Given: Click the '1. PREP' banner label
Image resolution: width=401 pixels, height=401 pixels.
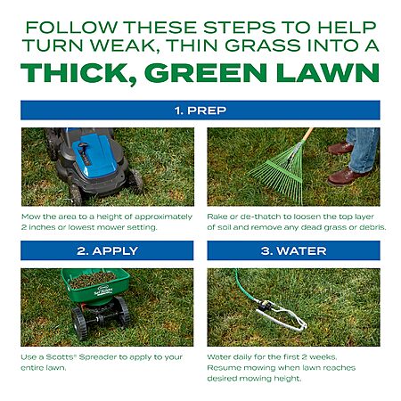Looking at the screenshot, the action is (200, 110).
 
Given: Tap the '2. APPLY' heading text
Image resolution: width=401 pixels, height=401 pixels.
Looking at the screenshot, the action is (107, 251).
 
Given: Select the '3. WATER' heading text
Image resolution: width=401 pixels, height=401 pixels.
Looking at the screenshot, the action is (293, 251).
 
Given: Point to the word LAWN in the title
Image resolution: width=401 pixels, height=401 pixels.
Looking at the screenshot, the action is (328, 73).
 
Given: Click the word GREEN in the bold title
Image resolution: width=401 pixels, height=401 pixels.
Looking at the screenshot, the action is (206, 73).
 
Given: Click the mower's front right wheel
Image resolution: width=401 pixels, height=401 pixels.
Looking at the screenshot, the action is (135, 180).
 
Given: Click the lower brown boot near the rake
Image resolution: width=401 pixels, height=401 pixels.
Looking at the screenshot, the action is (346, 176).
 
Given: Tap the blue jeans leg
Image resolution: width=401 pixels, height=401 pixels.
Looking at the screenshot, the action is (363, 149).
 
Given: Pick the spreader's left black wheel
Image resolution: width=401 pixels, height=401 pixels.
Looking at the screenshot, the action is (79, 323).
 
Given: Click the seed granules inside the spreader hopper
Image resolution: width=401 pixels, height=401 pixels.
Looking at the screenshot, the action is (93, 279).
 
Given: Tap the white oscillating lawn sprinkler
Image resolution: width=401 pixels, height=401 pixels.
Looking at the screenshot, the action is (281, 315).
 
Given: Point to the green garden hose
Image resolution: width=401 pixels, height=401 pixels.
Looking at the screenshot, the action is (245, 288).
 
